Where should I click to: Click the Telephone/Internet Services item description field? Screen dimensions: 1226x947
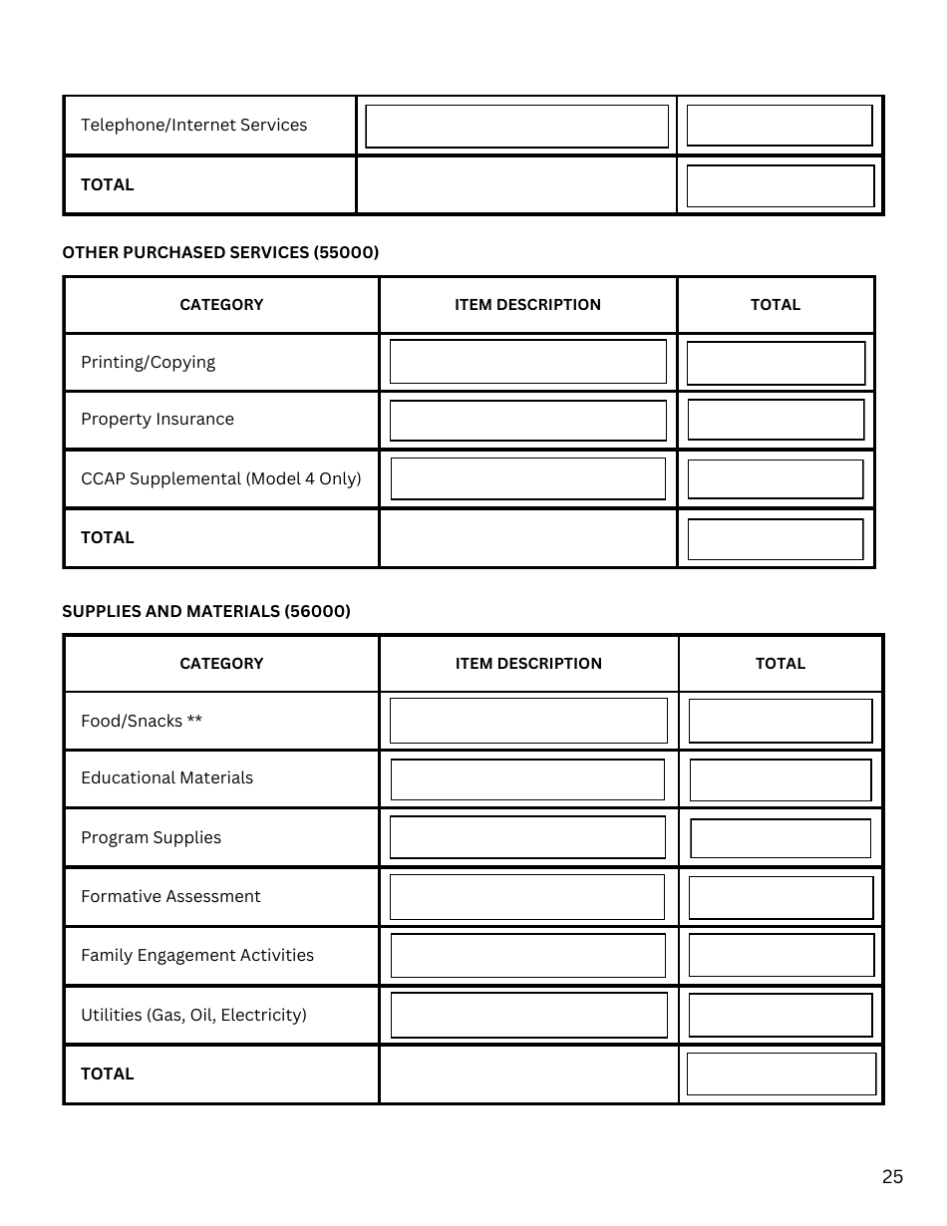516,127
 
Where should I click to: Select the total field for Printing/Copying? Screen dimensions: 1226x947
776,364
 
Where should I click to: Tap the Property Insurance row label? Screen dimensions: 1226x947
158,420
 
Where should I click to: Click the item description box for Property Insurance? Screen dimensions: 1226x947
527,421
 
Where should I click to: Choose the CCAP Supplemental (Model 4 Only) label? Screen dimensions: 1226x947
220,478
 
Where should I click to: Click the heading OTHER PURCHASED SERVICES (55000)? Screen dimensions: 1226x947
220,253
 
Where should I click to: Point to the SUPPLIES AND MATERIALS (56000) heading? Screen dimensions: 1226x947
206,612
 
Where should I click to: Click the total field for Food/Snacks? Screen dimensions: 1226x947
780,721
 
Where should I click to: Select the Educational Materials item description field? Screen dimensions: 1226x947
527,779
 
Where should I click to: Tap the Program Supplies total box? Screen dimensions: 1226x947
780,838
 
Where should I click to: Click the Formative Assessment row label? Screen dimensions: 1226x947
170,897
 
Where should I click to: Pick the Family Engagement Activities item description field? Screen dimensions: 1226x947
527,956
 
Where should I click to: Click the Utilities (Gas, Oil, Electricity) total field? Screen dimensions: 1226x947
780,1016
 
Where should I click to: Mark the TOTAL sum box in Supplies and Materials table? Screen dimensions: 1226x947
781,1074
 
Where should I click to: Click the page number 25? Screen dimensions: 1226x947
892,1177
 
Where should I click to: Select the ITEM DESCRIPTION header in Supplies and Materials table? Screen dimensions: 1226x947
528,664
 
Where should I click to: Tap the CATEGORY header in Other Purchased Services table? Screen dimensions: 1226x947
221,305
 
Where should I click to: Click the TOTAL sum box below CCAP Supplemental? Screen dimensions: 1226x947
776,539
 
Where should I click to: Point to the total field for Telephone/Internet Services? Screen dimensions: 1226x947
780,126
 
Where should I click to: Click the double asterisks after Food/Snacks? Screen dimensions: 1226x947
194,721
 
